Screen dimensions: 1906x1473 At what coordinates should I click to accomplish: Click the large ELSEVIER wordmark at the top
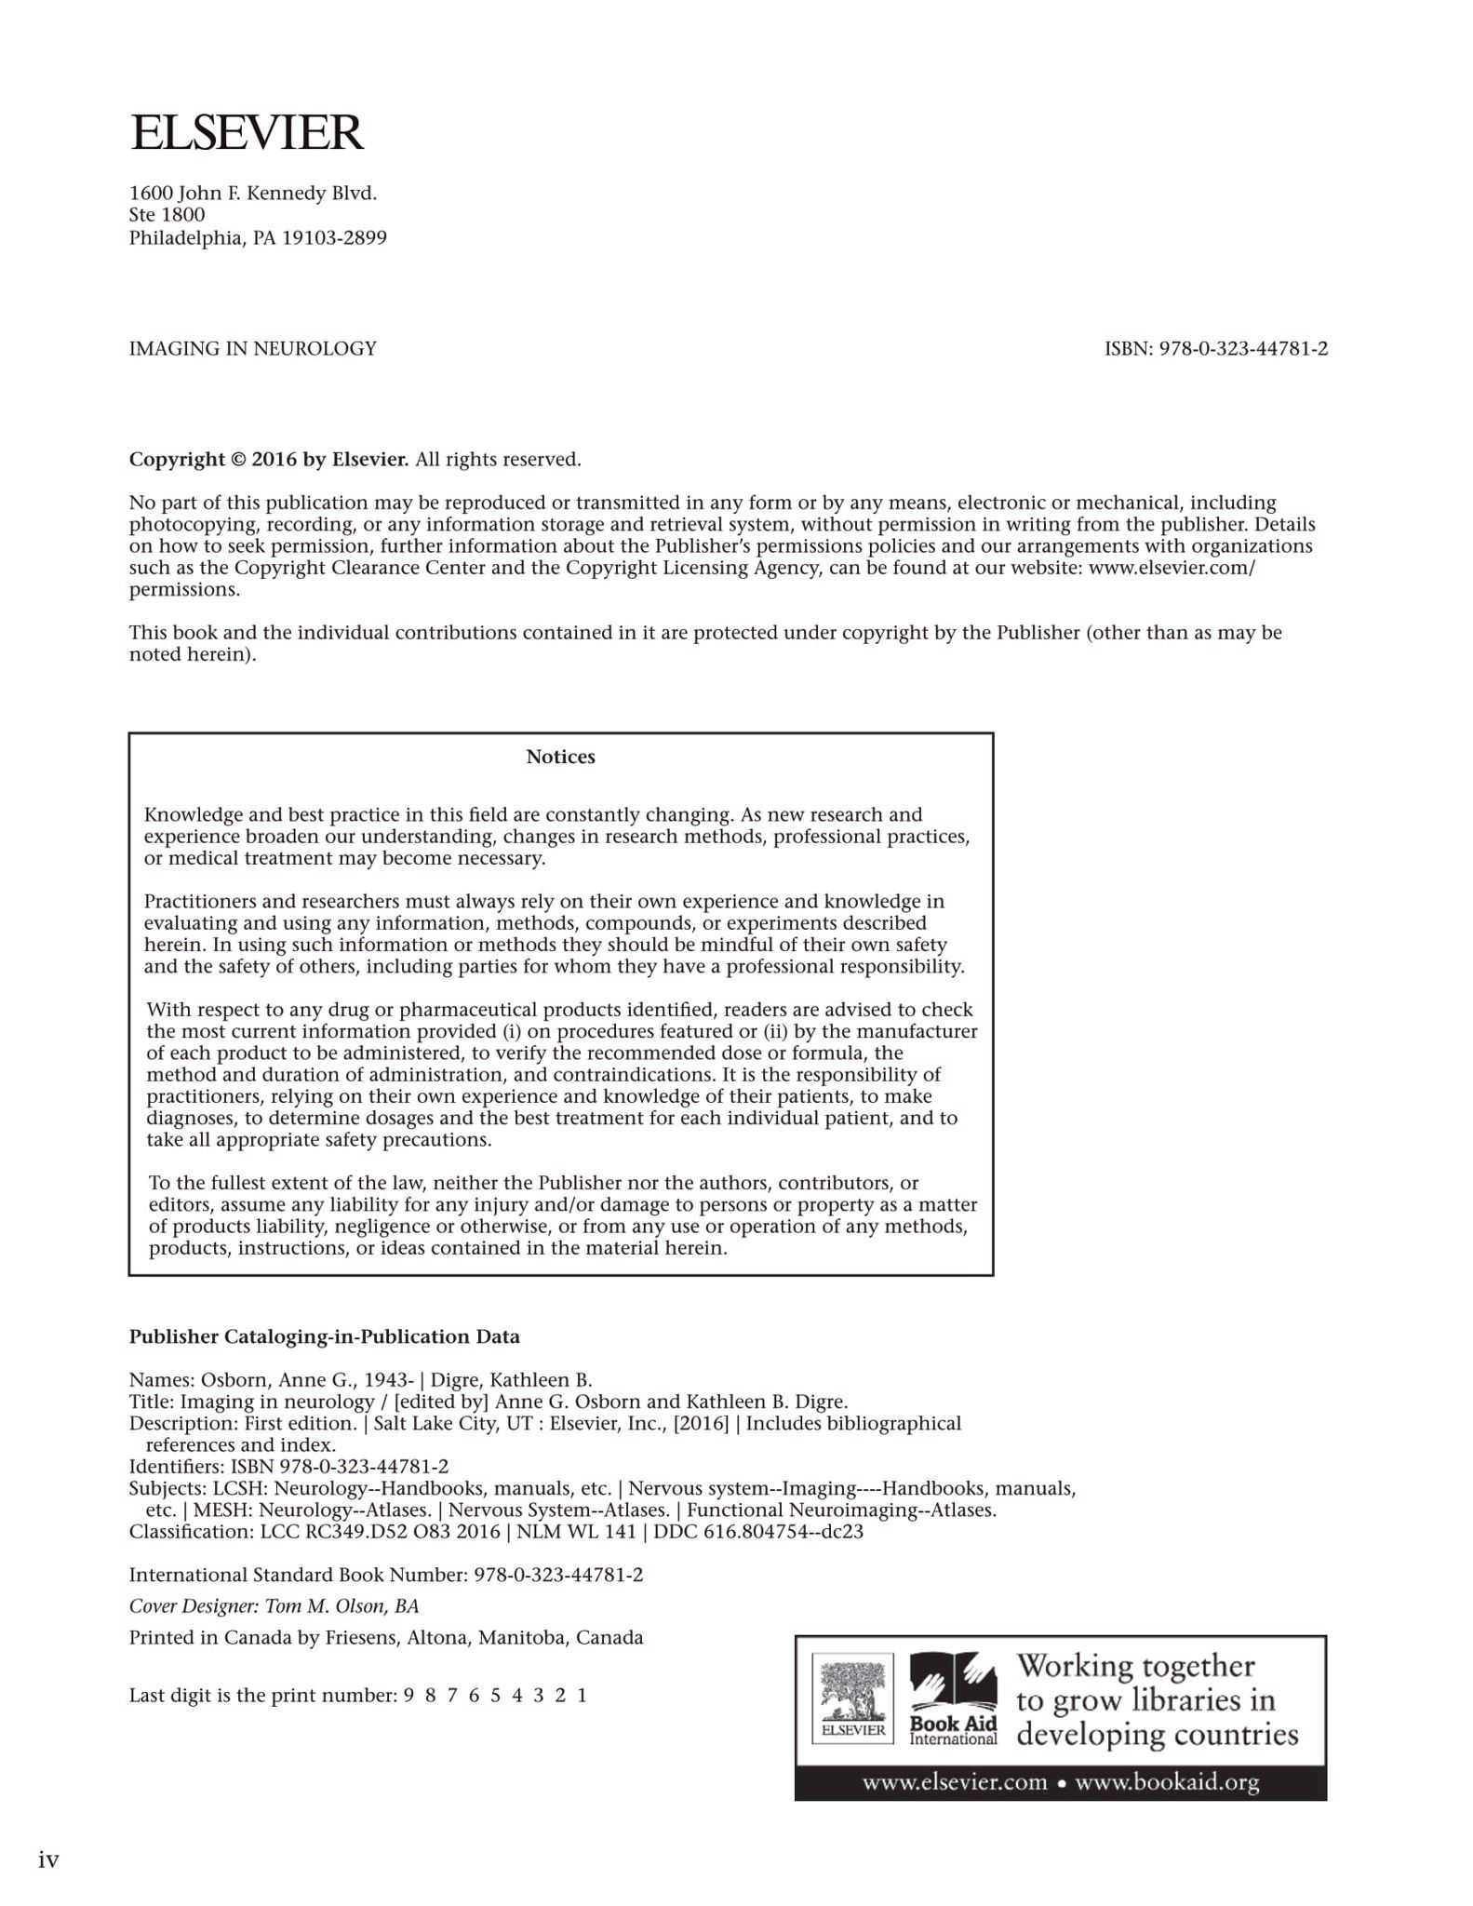(x=247, y=132)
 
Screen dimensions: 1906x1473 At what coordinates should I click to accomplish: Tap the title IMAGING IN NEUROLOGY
(x=252, y=349)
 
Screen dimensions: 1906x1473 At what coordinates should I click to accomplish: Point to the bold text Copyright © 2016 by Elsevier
(x=268, y=459)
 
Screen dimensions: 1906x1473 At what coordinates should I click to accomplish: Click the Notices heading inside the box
(x=560, y=757)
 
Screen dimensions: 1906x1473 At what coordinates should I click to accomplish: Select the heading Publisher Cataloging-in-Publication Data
(x=324, y=1336)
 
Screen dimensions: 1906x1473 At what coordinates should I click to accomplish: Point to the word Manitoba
(x=520, y=1637)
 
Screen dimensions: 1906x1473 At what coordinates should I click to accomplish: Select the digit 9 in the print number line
(x=408, y=1695)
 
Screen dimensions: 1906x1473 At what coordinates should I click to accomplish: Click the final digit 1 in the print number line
(x=583, y=1695)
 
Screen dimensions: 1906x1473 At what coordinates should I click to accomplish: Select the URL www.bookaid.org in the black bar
(x=1167, y=1783)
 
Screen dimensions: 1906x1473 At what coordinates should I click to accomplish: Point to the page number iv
(x=48, y=1859)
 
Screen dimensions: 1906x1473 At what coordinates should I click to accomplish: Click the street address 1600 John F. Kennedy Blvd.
(x=252, y=194)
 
